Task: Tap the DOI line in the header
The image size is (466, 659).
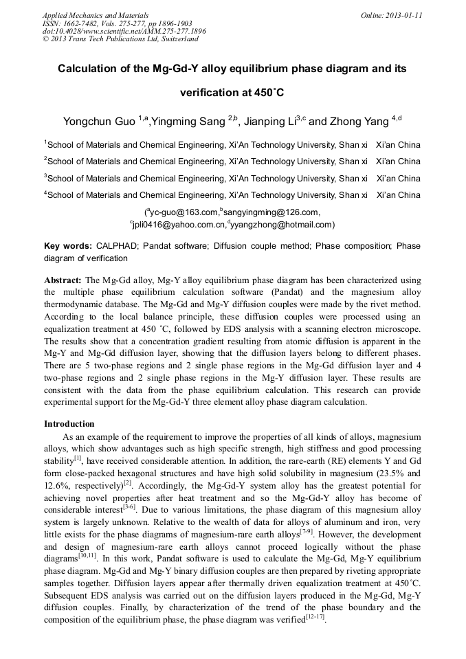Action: point(124,31)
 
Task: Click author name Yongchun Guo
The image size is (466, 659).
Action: point(99,122)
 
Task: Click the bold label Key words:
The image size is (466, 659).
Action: point(68,246)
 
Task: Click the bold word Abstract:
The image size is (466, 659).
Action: point(63,281)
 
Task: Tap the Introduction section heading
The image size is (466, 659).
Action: point(69,424)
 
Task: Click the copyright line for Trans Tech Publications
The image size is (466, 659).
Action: point(120,39)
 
